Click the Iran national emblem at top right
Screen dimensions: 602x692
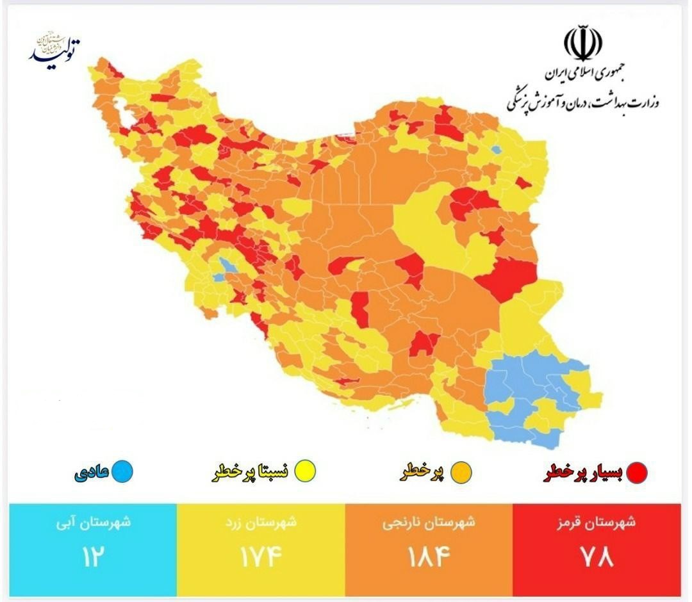tap(582, 44)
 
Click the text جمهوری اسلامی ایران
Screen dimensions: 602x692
tap(584, 74)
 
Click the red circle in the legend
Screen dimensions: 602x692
tap(637, 473)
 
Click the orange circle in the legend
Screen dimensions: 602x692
tap(461, 473)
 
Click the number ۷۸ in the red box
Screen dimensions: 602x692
tap(597, 556)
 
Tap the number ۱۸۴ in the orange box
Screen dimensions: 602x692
tap(429, 556)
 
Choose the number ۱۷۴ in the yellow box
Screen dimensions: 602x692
tap(261, 556)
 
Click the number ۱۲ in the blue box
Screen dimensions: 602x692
tap(92, 556)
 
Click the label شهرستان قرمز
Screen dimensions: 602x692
tap(597, 522)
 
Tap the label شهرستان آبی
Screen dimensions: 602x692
tap(94, 522)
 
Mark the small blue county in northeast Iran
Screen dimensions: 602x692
tap(495, 150)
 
